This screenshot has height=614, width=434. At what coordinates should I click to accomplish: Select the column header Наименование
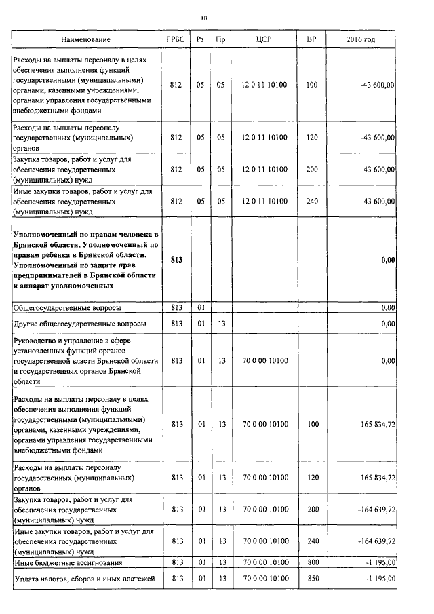coord(85,40)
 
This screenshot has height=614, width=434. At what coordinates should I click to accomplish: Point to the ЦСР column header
coord(264,40)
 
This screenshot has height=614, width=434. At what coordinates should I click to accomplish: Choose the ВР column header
coord(311,40)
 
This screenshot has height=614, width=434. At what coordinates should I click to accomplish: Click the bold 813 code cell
coord(177,260)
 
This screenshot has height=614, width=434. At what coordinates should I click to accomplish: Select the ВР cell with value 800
coord(311,562)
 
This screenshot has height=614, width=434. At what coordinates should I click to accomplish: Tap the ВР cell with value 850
coord(311,578)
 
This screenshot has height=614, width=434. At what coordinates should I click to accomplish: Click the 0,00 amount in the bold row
coord(387,260)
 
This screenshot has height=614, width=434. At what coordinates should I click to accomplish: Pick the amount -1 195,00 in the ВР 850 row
coord(380,578)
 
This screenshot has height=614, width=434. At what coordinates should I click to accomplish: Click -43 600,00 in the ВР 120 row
coord(379,137)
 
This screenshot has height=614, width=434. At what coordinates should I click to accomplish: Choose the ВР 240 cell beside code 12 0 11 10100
coord(311,201)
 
